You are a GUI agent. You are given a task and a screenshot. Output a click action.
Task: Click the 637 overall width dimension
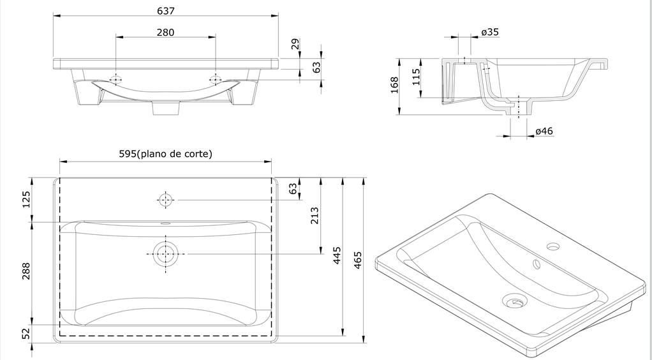click(165, 11)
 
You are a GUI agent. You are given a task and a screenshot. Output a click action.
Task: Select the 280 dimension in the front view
click(165, 32)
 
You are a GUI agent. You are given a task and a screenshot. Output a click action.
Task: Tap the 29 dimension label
click(294, 44)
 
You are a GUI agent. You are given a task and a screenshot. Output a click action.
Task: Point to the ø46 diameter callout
click(544, 131)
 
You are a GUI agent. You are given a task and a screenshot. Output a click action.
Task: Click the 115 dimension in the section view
click(415, 78)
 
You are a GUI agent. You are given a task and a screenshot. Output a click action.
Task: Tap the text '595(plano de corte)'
click(165, 154)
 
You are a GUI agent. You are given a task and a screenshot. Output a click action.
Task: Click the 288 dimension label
click(26, 274)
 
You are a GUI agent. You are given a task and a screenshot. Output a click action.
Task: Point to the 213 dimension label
click(314, 216)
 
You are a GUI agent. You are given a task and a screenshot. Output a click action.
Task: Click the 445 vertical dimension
click(337, 255)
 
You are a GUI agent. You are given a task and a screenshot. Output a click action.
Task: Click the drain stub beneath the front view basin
click(165, 109)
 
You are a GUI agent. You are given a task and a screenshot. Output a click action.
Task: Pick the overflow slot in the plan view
click(166, 224)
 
